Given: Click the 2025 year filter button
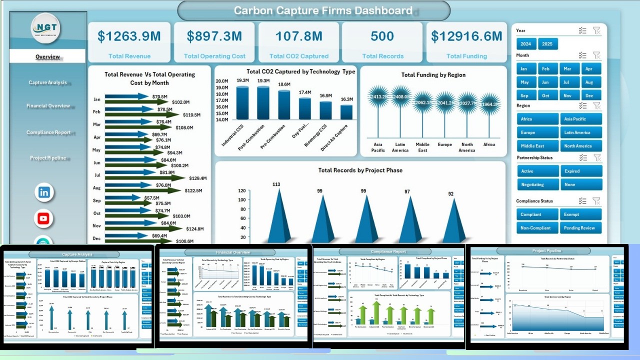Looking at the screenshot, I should (547, 44).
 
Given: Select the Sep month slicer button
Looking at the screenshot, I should (524, 95).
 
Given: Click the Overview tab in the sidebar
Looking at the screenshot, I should (47, 56).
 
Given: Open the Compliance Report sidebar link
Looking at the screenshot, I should (48, 132).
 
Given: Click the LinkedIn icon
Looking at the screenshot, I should (44, 192).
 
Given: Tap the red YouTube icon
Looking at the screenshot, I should (44, 218).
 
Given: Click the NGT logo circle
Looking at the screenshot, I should (45, 28).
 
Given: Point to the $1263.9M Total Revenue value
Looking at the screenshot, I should (129, 36).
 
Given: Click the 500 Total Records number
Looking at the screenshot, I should (382, 36).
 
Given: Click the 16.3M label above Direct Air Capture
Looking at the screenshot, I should (346, 99).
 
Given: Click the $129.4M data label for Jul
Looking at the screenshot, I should (199, 178).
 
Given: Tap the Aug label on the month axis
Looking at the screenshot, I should (97, 188).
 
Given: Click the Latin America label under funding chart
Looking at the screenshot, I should (400, 147).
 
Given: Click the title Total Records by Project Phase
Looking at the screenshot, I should (360, 170).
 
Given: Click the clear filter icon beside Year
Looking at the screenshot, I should (596, 30).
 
